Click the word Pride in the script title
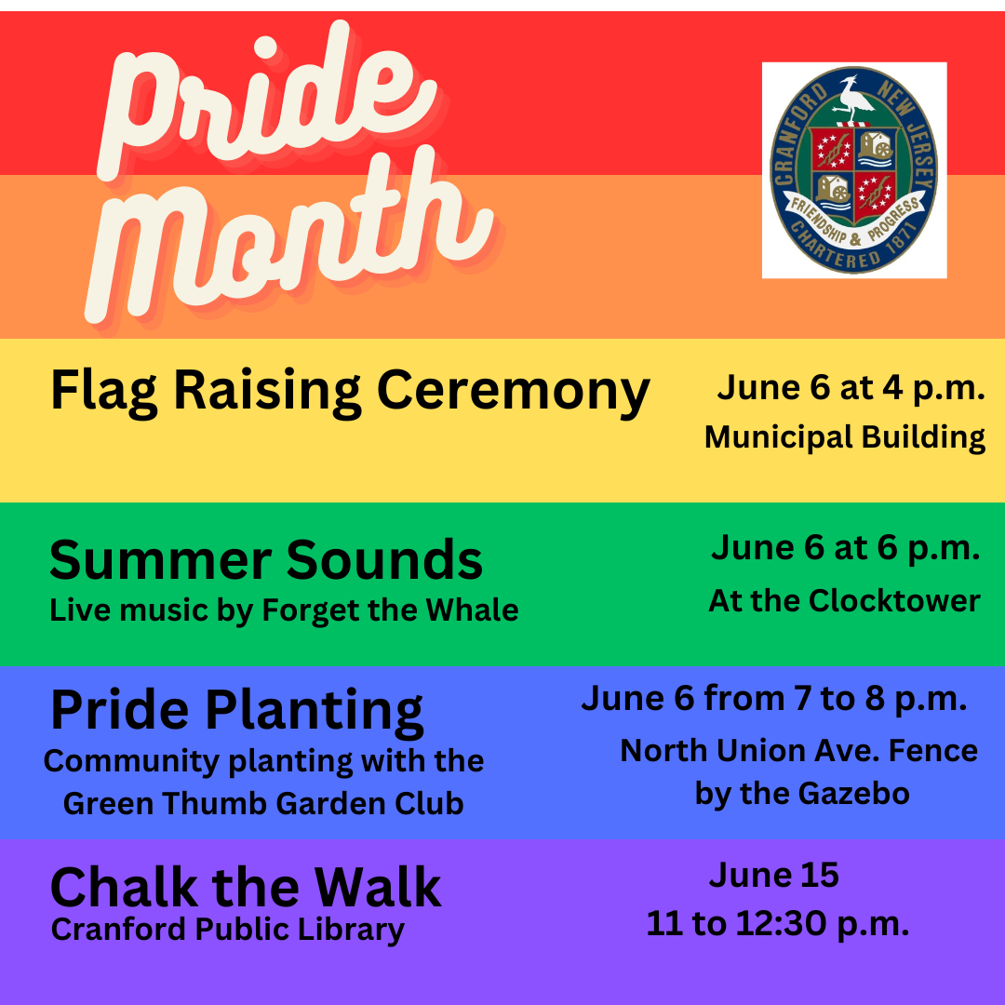tap(269, 102)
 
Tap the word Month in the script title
tap(288, 237)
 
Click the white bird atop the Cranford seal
tap(853, 100)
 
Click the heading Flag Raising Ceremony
tap(350, 392)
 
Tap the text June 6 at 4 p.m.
tap(851, 388)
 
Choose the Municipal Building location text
tap(845, 437)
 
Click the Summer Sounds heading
tap(266, 559)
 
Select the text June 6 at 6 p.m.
tap(845, 548)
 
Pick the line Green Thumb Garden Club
tap(263, 803)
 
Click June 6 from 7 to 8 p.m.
tap(773, 699)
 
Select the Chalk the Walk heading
tap(246, 888)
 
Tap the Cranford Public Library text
tap(228, 930)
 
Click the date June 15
tap(773, 875)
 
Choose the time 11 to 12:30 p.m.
tap(777, 924)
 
